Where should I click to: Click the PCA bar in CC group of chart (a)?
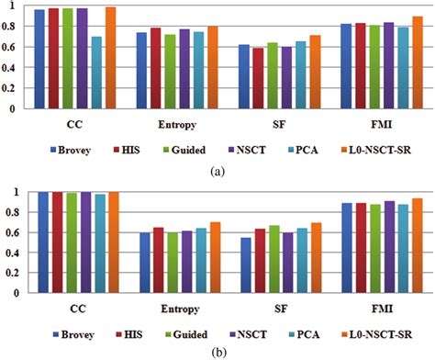97,73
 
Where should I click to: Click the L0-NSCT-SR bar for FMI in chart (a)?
418,62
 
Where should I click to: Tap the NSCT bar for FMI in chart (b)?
391,247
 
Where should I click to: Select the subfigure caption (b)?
217,350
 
